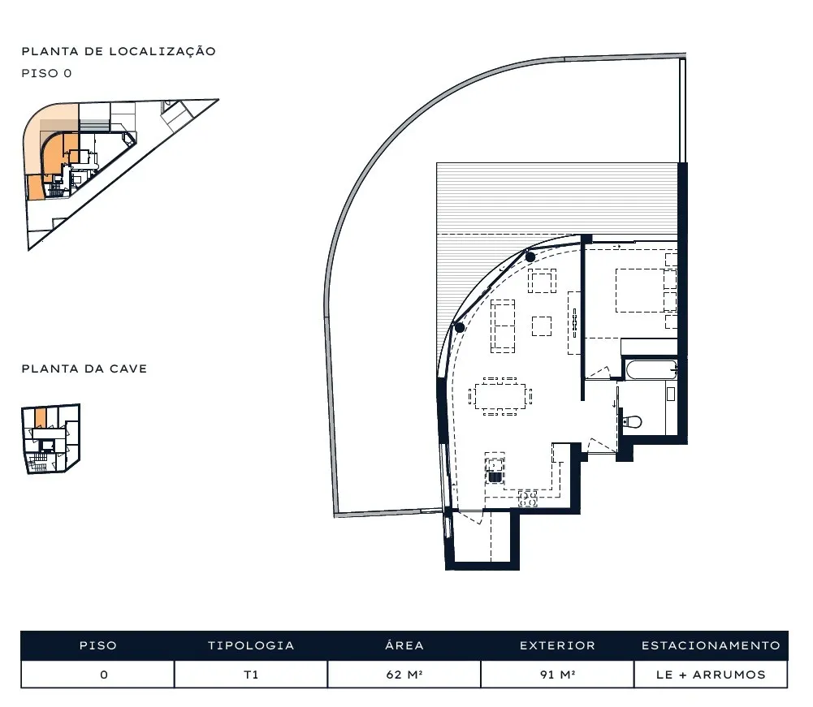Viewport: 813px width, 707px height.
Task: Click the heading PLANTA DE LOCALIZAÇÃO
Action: point(119,51)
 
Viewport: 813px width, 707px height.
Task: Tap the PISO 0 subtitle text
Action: point(46,73)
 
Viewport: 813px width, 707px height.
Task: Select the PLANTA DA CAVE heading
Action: point(84,369)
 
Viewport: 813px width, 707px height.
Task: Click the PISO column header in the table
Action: point(97,645)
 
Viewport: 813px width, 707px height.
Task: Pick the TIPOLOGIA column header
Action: point(251,645)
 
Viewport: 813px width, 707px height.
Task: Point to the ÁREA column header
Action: point(404,644)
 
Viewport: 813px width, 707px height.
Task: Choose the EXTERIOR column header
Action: point(557,645)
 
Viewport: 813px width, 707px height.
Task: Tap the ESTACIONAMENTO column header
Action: point(711,645)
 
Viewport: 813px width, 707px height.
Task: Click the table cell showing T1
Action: point(251,675)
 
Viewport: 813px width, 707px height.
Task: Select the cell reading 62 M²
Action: point(404,675)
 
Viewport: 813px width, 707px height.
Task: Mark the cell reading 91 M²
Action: point(557,675)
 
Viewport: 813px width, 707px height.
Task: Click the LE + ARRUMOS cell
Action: point(711,675)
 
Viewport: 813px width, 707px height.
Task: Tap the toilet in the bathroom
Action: point(633,422)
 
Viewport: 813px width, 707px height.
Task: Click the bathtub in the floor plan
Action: point(651,369)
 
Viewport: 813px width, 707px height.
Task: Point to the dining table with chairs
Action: point(500,397)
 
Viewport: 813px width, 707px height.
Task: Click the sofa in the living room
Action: point(503,326)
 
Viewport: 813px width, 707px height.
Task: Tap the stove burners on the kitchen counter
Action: point(528,498)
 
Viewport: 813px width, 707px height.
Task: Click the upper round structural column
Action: point(530,257)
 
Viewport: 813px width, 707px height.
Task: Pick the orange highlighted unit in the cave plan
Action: point(41,416)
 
